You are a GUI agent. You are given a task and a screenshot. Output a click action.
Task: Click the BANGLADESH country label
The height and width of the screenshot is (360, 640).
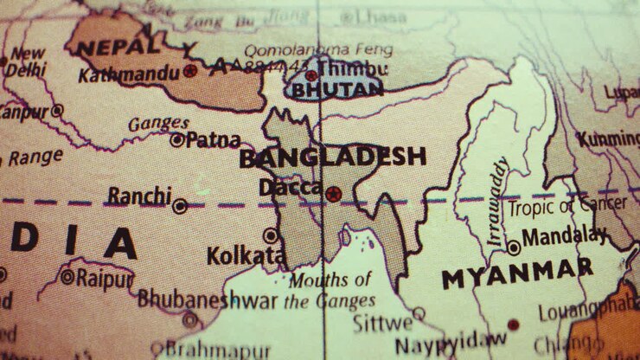pos(332,157)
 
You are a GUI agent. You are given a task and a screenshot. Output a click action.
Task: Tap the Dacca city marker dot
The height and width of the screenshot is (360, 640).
pos(333,193)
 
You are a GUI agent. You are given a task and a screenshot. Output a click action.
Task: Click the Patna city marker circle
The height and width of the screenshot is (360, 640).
pos(176,139)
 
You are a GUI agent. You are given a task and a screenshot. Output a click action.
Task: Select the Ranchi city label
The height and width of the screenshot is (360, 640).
pos(139,196)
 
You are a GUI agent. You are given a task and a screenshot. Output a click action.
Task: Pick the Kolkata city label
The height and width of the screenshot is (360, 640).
pos(246,256)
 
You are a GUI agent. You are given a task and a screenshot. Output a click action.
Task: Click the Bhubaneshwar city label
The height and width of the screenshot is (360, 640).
pos(208,299)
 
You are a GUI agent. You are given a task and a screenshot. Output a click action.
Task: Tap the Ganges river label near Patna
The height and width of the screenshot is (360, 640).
pos(158,124)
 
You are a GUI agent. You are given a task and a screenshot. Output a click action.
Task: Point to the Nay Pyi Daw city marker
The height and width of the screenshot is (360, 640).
pos(513,325)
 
